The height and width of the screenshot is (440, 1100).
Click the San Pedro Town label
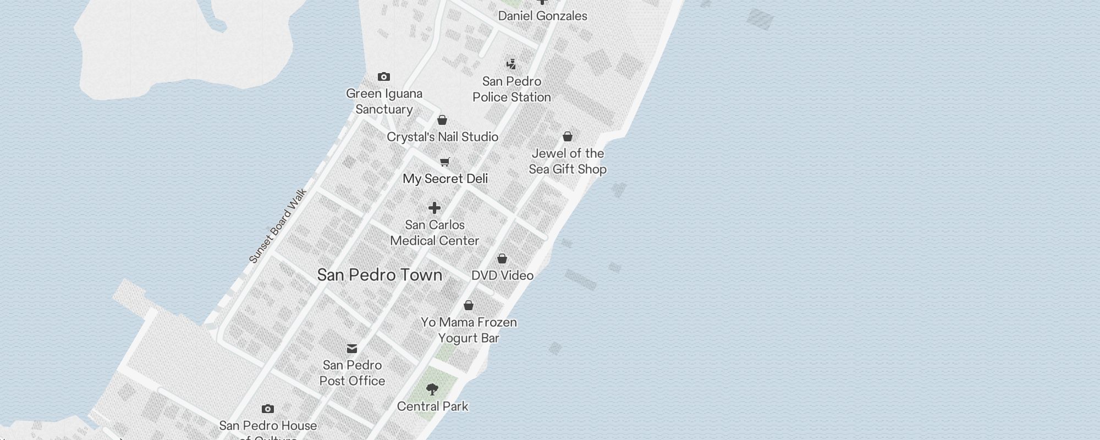[380, 275]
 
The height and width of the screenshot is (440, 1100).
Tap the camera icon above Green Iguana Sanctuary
[384, 77]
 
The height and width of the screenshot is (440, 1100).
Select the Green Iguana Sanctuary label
[384, 101]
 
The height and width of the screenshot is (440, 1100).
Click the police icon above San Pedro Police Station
[512, 64]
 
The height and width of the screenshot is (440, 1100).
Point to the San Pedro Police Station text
[512, 89]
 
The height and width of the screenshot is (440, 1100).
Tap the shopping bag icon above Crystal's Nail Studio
[442, 120]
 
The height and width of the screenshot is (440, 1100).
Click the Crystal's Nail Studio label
[442, 137]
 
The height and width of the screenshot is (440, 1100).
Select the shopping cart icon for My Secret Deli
[445, 162]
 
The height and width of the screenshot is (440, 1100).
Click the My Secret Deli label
[445, 179]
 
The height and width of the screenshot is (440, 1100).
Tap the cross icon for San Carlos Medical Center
[435, 208]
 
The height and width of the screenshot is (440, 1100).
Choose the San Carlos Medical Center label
[435, 233]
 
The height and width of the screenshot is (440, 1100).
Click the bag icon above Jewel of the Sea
[568, 136]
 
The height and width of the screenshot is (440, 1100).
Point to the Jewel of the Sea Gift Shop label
[568, 161]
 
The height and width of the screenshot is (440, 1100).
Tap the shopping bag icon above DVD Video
[502, 258]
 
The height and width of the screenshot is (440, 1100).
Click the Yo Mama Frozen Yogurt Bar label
[469, 330]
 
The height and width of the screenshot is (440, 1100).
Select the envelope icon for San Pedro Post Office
[352, 349]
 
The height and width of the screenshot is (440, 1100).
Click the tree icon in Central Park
[432, 389]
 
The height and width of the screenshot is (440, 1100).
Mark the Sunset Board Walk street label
[277, 226]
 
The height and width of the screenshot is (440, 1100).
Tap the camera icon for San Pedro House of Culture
[268, 409]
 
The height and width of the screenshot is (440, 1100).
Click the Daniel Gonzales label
[542, 16]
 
